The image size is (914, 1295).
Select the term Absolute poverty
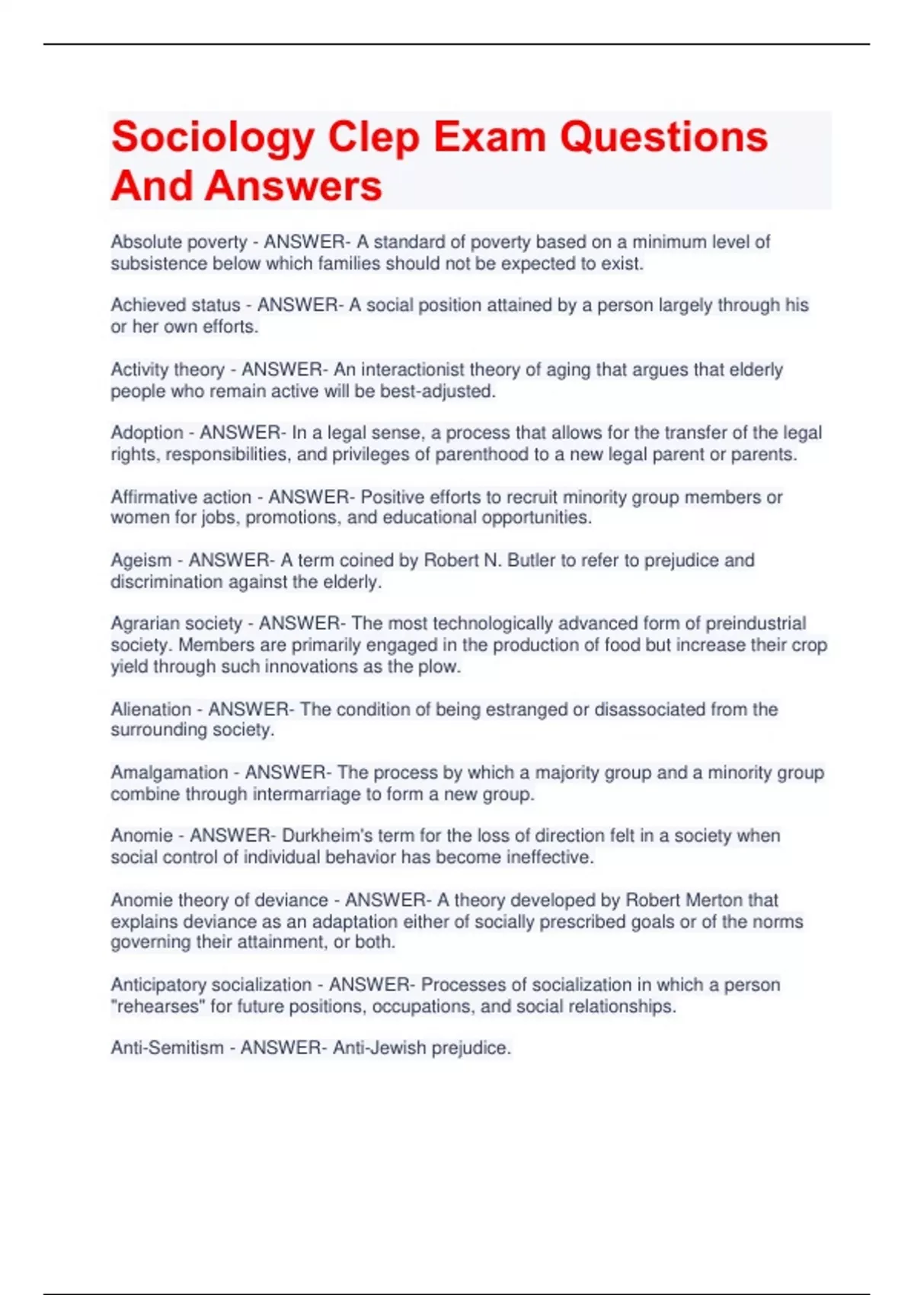coord(179,242)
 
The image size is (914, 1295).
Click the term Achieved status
coord(175,305)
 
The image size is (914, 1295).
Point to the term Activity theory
coord(168,370)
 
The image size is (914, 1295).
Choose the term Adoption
coord(147,433)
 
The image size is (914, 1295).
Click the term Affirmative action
coord(181,497)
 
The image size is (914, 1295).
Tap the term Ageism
coord(141,561)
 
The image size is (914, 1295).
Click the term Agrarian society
coord(176,624)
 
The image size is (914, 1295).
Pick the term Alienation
coord(151,709)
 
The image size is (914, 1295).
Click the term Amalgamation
coord(169,772)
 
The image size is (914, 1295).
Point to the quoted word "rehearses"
coord(158,1007)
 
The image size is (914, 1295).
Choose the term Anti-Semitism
coord(167,1048)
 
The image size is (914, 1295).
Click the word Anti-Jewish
coord(379,1048)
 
